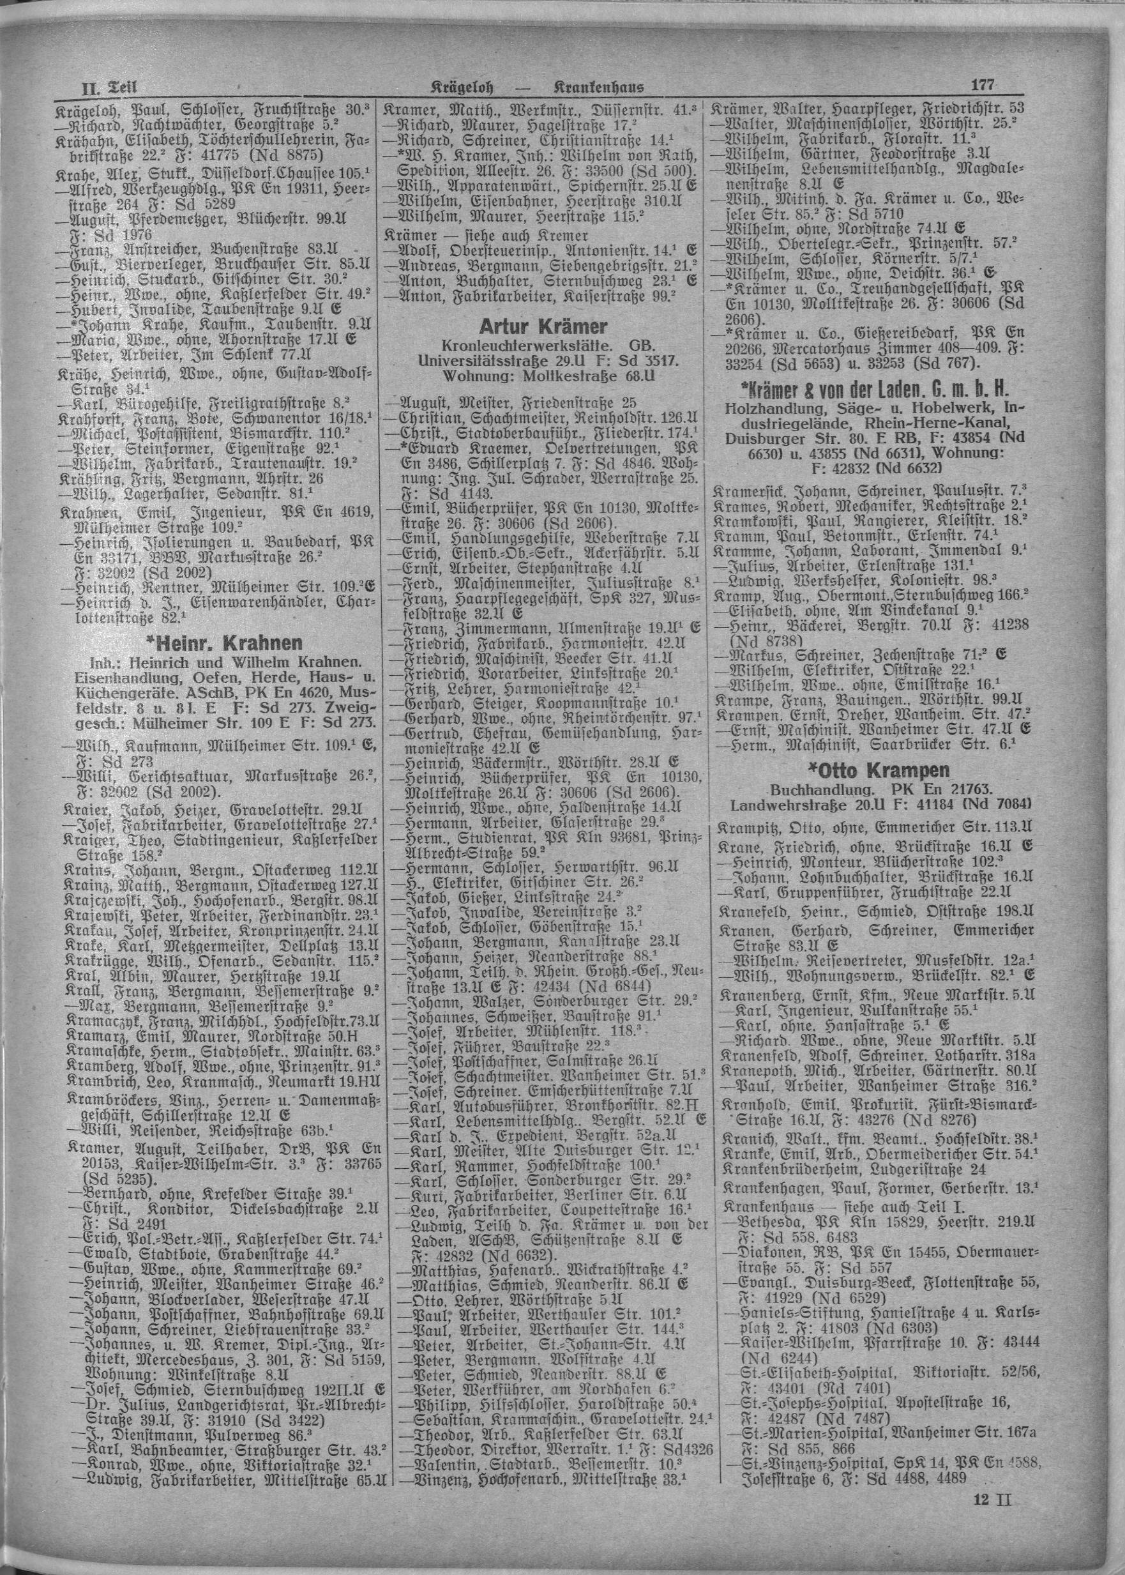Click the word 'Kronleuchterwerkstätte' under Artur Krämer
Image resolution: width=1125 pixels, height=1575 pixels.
pyautogui.click(x=514, y=344)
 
